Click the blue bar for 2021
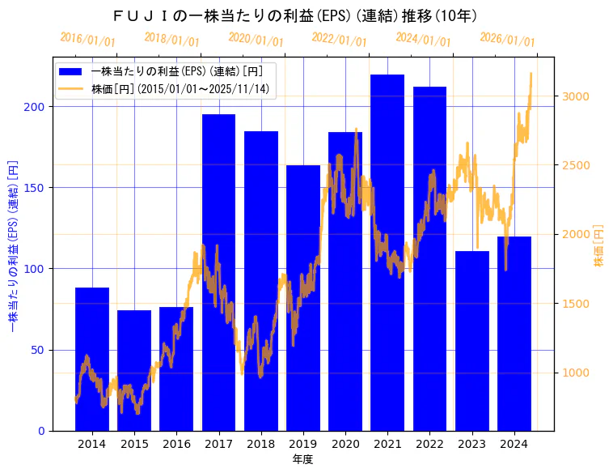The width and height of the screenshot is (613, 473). click(387, 252)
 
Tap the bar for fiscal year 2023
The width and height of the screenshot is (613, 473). click(472, 340)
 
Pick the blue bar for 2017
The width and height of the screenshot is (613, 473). click(218, 272)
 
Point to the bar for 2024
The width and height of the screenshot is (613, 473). click(514, 333)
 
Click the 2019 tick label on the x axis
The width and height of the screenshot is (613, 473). click(303, 444)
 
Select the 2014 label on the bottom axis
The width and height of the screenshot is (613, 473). click(92, 444)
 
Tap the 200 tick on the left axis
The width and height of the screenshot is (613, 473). click(38, 107)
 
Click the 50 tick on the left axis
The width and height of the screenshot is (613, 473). click(41, 350)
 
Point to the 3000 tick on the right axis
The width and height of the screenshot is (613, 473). click(578, 96)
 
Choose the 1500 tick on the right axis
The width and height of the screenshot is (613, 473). click(578, 304)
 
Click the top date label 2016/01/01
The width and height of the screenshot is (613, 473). click(87, 39)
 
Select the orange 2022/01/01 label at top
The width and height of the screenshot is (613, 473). click(339, 39)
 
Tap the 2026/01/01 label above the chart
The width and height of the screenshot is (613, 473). click(507, 39)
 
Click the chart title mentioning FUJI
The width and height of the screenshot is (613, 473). click(295, 16)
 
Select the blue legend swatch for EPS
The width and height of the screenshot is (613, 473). click(72, 71)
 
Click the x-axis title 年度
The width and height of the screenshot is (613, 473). click(302, 459)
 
